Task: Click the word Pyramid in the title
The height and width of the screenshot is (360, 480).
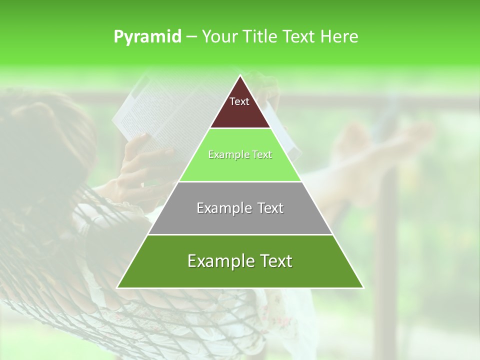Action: point(147,37)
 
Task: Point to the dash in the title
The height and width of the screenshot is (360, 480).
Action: point(191,37)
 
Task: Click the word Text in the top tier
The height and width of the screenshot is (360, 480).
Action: point(239,101)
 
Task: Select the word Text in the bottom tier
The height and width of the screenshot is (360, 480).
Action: point(273,261)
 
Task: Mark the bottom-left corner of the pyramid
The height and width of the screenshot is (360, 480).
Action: point(117,287)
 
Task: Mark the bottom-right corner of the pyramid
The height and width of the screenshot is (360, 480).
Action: point(363,287)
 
